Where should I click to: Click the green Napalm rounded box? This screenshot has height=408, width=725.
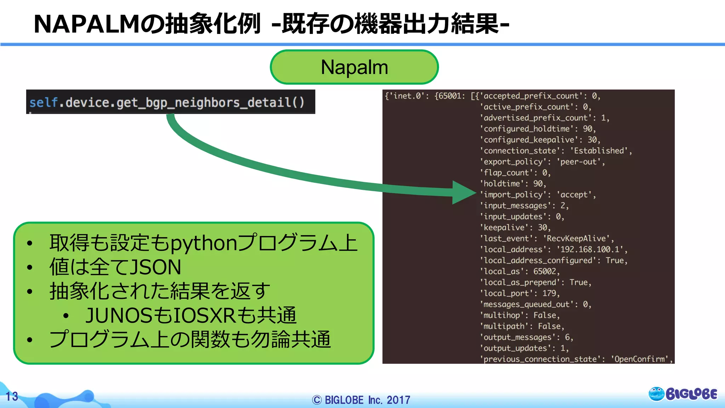[x=354, y=67]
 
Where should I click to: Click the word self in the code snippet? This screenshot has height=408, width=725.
[x=43, y=103]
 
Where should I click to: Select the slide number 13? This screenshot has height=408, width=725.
[x=12, y=396]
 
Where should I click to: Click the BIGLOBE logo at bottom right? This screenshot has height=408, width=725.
[x=683, y=394]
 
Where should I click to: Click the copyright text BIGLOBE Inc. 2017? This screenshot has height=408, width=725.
[x=361, y=400]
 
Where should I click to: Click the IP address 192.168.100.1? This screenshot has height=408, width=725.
[x=590, y=250]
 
